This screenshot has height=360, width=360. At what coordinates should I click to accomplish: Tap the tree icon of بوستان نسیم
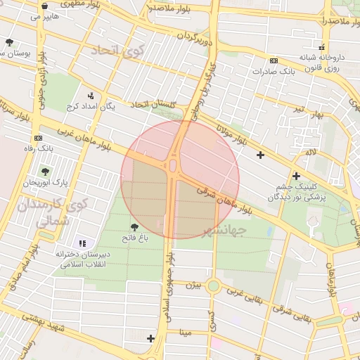[x=9, y=42]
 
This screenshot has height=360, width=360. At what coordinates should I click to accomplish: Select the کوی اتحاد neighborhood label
[x=117, y=51]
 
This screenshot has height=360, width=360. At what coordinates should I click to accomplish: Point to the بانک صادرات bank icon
[x=274, y=60]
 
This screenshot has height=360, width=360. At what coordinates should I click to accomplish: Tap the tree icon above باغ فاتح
[x=134, y=226]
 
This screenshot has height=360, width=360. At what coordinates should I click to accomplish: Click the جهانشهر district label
[x=225, y=231]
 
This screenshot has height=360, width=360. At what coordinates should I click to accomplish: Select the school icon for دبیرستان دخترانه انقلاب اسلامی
[x=82, y=243]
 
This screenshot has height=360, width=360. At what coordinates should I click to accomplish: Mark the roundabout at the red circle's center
[x=173, y=166]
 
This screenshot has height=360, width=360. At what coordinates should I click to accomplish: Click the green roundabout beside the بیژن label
[x=213, y=286]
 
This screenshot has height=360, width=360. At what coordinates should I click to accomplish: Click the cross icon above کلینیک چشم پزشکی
[x=296, y=176]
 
